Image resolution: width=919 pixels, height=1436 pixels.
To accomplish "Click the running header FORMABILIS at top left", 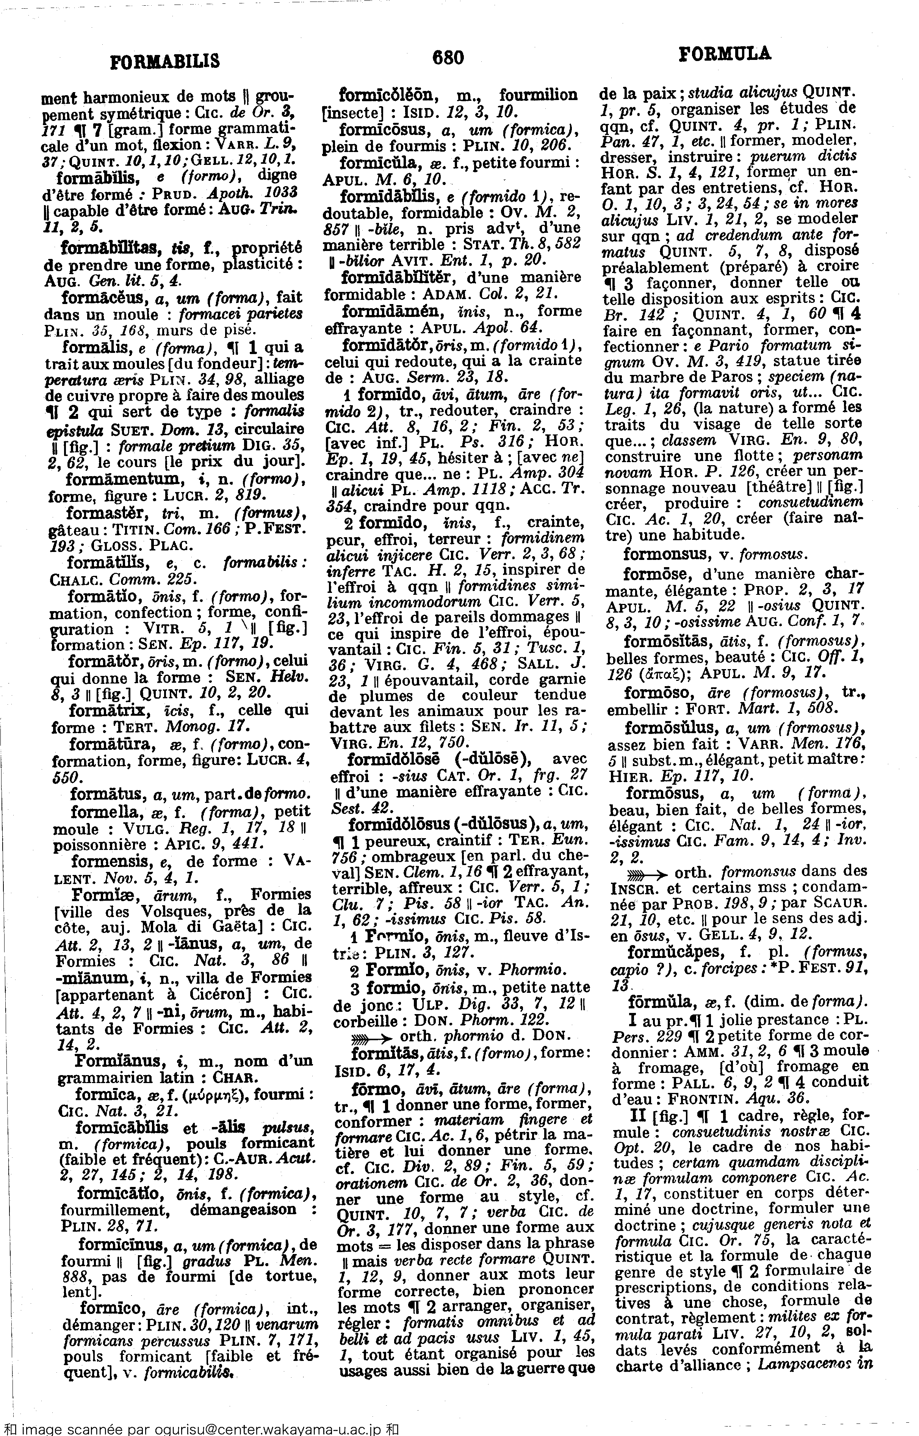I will (x=165, y=61).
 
